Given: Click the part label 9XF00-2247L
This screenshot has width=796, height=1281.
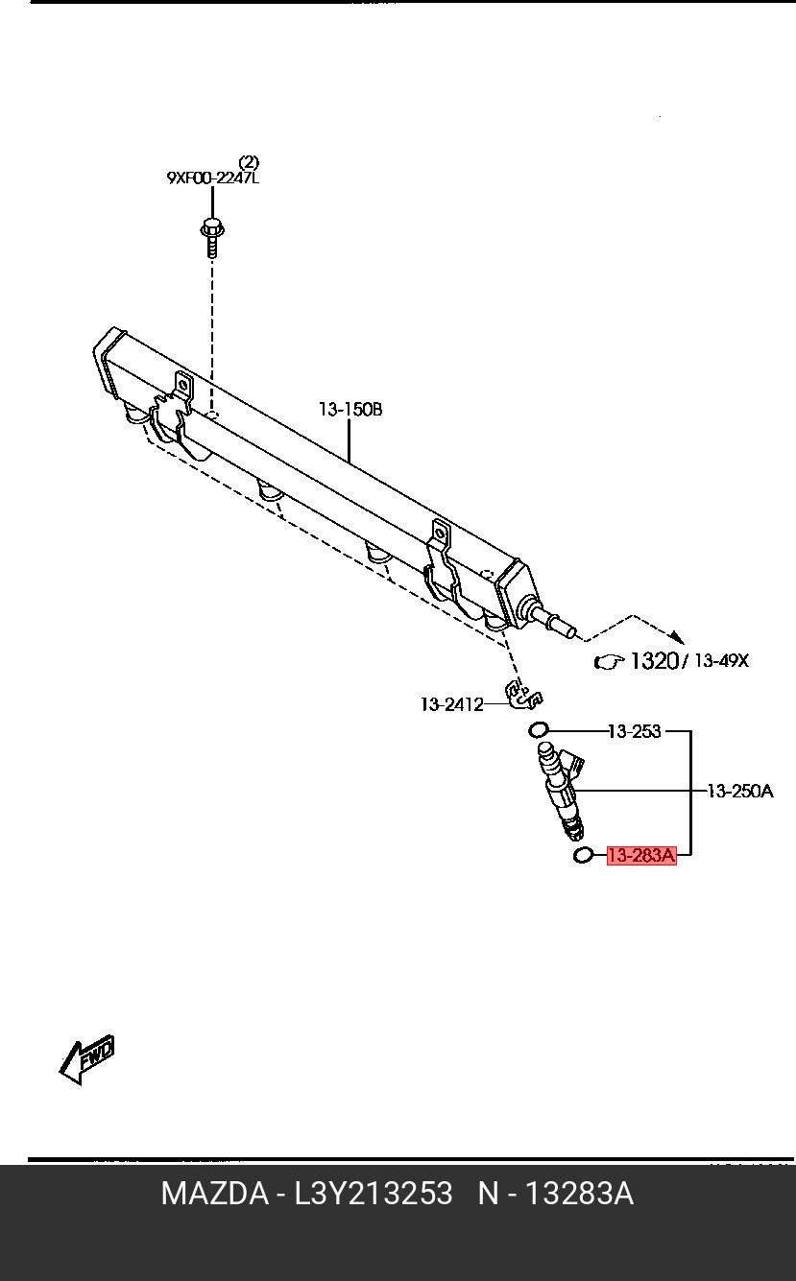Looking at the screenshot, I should pyautogui.click(x=212, y=178).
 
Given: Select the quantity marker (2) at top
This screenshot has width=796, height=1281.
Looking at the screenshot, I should pyautogui.click(x=249, y=161).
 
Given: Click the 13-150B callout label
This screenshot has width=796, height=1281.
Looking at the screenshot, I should pyautogui.click(x=350, y=410).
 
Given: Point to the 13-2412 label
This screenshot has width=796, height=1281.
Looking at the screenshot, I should pyautogui.click(x=451, y=705).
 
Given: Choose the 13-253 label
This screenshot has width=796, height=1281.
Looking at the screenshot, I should pyautogui.click(x=634, y=731).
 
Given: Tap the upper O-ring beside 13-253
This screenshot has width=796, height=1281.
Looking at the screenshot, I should pyautogui.click(x=539, y=730).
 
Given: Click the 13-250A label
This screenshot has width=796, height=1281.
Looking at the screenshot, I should pyautogui.click(x=739, y=792).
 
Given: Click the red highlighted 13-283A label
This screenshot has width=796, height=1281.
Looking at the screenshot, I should pyautogui.click(x=641, y=855).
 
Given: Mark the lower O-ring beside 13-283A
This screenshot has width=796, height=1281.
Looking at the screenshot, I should pyautogui.click(x=582, y=854).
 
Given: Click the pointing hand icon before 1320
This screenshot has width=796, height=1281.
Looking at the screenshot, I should pyautogui.click(x=609, y=661).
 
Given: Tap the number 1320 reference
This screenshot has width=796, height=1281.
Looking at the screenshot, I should pyautogui.click(x=654, y=660).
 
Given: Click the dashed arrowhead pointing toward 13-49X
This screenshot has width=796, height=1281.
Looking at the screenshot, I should pyautogui.click(x=676, y=635).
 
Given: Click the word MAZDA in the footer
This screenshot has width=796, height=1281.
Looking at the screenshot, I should pyautogui.click(x=215, y=1194).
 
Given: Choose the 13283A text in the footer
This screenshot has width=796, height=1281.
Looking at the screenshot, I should pyautogui.click(x=577, y=1194).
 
